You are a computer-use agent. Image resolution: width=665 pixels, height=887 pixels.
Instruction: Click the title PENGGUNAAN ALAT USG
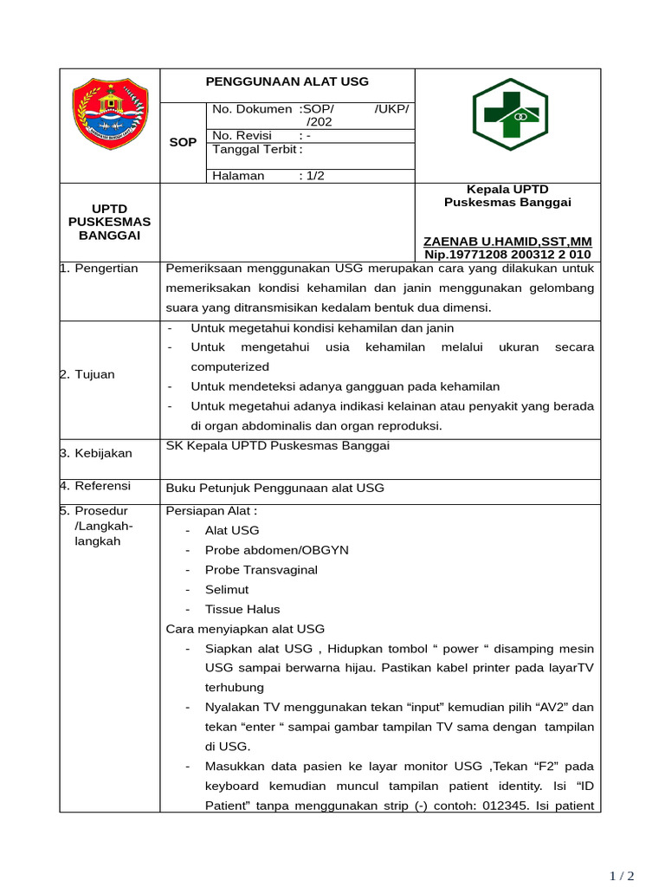(287, 81)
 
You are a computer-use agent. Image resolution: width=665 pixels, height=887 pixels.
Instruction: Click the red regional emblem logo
(110, 112)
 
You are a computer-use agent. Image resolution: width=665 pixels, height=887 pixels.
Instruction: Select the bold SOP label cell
(183, 142)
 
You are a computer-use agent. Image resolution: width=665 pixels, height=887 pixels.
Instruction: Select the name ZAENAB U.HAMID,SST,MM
(507, 241)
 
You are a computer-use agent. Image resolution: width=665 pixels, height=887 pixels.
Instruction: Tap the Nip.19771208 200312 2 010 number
(507, 255)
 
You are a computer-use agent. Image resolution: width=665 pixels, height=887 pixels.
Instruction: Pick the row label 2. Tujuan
(87, 374)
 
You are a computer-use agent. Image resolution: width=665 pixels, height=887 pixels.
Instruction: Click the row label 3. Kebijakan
(95, 453)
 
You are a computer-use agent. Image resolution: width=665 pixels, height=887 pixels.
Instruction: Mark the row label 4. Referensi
(95, 488)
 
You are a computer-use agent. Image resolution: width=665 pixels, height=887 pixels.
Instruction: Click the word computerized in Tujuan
(217, 366)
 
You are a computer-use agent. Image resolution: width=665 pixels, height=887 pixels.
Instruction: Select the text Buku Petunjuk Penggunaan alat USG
(274, 488)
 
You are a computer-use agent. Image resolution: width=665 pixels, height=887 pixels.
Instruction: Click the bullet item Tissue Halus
(242, 609)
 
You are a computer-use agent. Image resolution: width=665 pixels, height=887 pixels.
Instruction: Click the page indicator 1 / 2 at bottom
(622, 876)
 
